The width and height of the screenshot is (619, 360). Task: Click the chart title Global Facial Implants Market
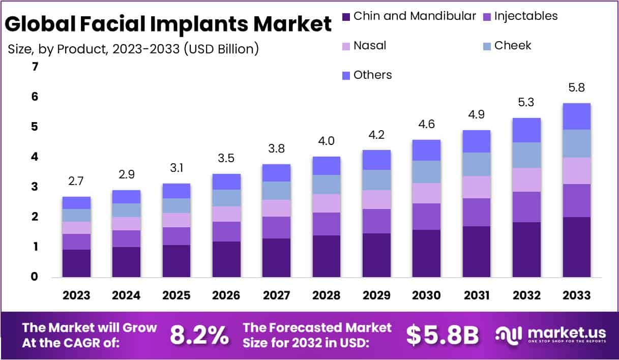pyautogui.click(x=168, y=24)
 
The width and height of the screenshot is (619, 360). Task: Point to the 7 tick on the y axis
pyautogui.click(x=35, y=67)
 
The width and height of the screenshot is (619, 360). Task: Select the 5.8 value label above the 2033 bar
pyautogui.click(x=576, y=87)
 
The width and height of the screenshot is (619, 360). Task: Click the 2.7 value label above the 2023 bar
pyautogui.click(x=76, y=181)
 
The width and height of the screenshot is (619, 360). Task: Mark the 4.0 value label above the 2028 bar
pyautogui.click(x=326, y=141)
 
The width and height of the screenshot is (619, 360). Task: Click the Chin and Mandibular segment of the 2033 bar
pyautogui.click(x=576, y=247)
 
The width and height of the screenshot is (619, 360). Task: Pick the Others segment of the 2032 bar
pyautogui.click(x=526, y=130)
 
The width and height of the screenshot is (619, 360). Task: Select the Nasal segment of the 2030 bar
pyautogui.click(x=426, y=193)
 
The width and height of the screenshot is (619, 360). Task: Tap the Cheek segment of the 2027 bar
pyautogui.click(x=276, y=191)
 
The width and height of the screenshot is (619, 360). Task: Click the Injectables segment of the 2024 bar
pyautogui.click(x=126, y=238)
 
